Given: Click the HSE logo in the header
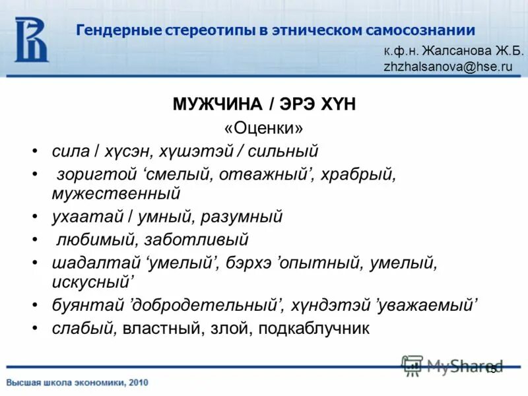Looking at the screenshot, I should tap(32, 39).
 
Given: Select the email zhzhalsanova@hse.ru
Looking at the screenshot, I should tap(447, 67).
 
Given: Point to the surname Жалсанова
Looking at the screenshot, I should tap(457, 51).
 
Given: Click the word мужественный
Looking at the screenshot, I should tap(116, 193).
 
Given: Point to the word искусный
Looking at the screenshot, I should tap(92, 281).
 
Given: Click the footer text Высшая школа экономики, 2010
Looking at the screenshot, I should tap(78, 382).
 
